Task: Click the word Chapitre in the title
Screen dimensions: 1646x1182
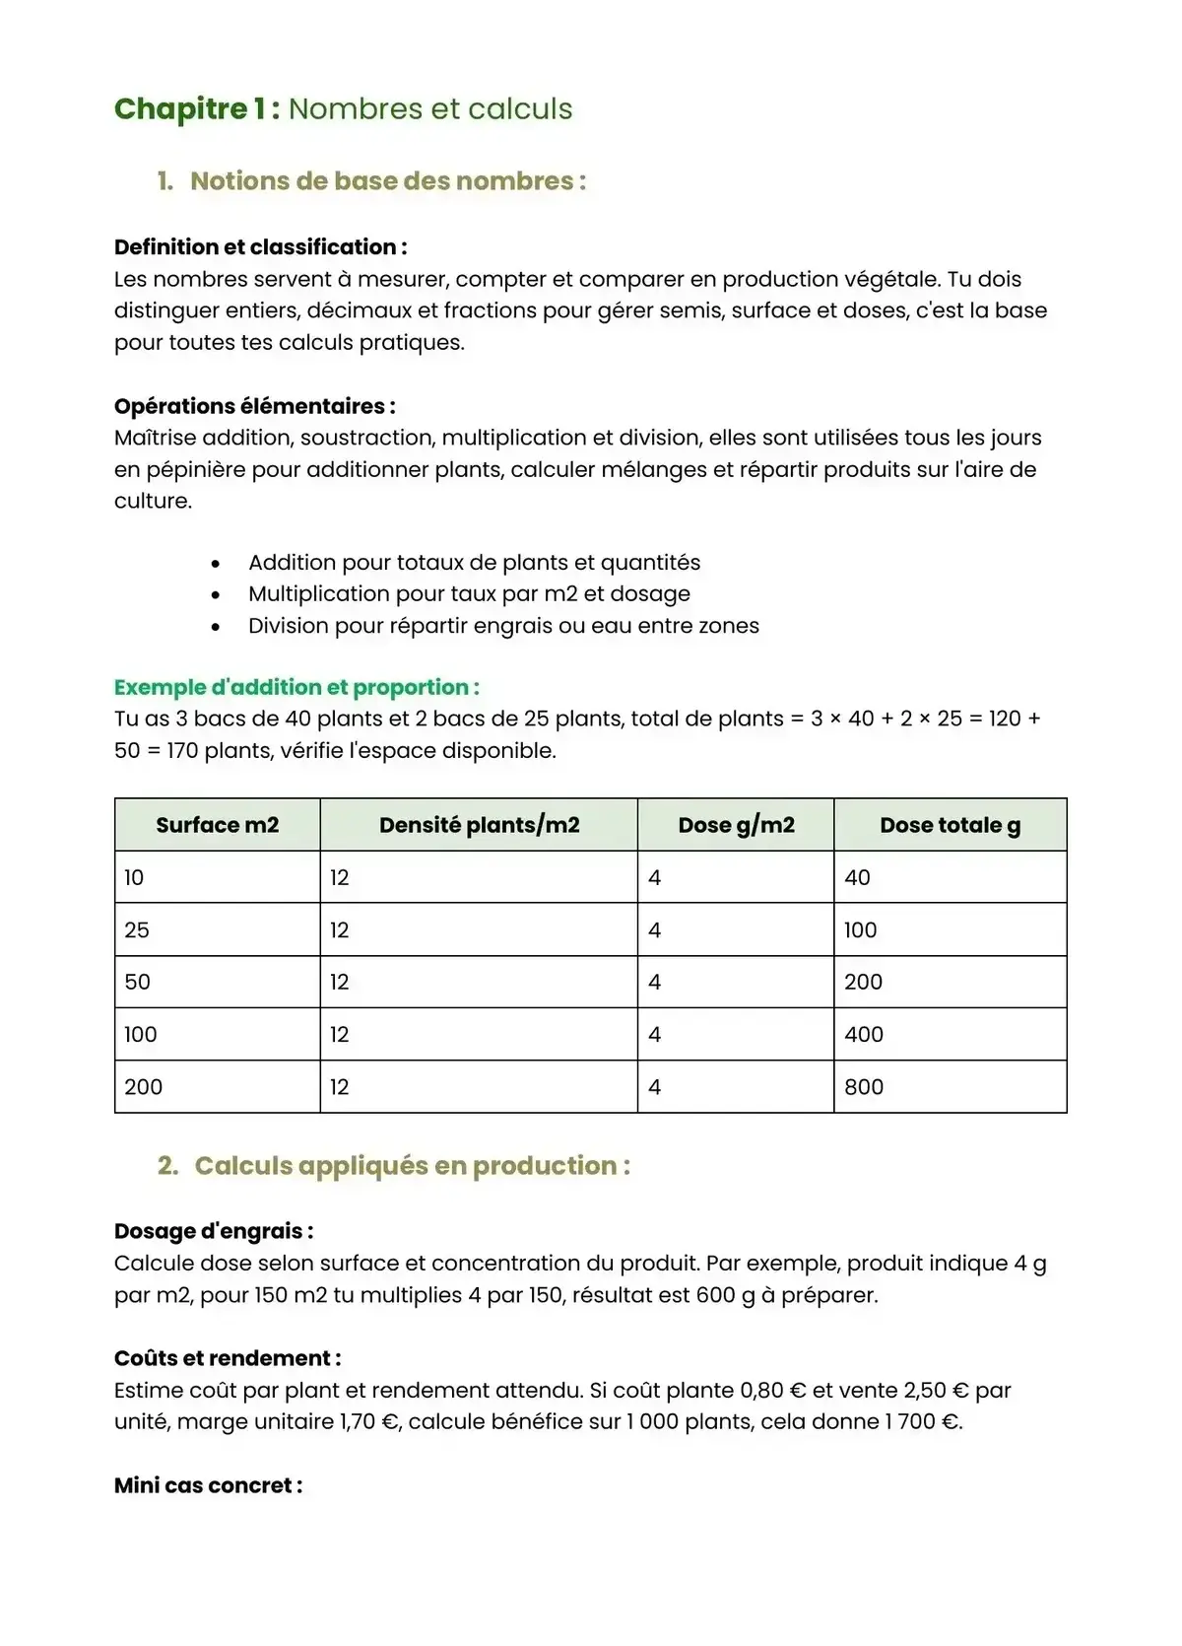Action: point(181,108)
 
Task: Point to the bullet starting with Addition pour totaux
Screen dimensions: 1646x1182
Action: point(474,563)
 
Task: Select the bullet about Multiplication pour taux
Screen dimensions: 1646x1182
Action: point(469,594)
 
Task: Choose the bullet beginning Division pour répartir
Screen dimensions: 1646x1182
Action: point(503,626)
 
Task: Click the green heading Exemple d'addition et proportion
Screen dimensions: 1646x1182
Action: point(296,687)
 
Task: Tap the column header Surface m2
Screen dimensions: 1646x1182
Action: point(217,825)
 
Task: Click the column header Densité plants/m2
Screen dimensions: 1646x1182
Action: point(479,825)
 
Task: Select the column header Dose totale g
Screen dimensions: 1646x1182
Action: point(950,825)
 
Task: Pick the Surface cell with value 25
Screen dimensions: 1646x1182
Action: point(137,930)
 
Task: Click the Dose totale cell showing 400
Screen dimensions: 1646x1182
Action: point(864,1035)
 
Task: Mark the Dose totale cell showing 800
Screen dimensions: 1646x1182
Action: point(864,1087)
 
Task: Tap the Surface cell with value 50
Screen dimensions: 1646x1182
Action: point(138,983)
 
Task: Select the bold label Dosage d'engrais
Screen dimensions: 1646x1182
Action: point(214,1231)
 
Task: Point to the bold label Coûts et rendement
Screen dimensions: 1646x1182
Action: point(228,1358)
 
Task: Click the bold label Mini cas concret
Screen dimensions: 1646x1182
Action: point(208,1485)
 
